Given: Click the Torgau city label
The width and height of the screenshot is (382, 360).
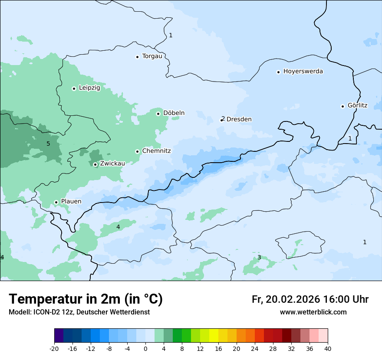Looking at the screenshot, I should coord(152,56).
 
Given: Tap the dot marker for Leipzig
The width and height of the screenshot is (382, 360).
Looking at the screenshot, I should coord(74,88).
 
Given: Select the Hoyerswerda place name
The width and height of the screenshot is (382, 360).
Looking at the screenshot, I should coord(303,72).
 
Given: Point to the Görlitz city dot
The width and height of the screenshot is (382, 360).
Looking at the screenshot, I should coord(342,106).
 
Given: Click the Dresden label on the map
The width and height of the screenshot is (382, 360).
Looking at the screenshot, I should coord(239,119).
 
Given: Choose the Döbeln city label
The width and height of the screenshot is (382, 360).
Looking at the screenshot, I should coord(174,113).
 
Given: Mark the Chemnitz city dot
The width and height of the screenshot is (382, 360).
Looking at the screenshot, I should coord(137,151).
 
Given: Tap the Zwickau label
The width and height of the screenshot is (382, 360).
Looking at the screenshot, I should coord(112,164).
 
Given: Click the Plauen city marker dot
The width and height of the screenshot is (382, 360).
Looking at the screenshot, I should coord(56,202).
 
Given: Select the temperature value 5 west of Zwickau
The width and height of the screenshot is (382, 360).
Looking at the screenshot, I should coord(48,144).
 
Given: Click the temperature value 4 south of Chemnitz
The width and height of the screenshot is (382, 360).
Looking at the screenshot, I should coord(118,227).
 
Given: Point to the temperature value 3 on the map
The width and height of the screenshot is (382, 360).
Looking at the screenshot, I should coord(259,257).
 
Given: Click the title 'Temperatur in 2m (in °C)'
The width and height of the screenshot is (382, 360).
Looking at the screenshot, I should coord(86,299).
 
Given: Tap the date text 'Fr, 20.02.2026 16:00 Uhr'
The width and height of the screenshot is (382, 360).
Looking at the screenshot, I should coord(310,299).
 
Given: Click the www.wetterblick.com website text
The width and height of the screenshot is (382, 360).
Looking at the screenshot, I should coord(313,312).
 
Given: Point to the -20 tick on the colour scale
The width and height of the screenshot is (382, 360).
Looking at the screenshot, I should coord(54,348).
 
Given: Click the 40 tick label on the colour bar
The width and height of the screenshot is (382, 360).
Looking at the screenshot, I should coord(328,348).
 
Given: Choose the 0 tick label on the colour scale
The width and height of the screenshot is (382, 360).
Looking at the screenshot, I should coord(145,348).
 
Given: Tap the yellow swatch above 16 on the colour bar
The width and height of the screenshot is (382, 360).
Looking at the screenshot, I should coord(214,336).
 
